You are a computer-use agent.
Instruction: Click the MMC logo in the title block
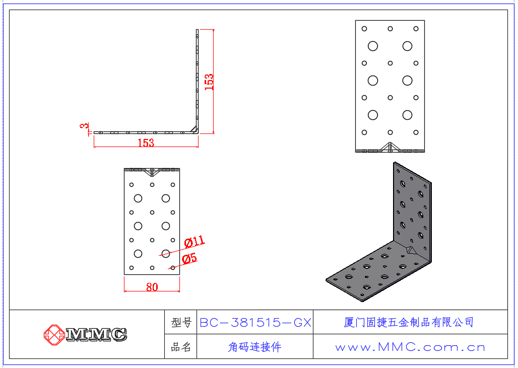pos(85,334)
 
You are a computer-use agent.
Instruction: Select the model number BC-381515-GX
pos(255,323)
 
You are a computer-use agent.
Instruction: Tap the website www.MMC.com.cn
pos(410,347)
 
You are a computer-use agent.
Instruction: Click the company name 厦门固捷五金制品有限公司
pos(409,322)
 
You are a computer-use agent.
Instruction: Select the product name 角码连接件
pos(255,347)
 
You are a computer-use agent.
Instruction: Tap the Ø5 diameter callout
pos(189,259)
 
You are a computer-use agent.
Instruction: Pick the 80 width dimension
pos(152,287)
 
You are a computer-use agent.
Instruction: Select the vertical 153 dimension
pos(209,82)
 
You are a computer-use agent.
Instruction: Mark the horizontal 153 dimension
pos(146,142)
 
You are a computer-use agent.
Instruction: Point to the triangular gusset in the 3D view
pos(410,250)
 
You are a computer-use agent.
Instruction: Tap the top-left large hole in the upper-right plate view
pos(373,46)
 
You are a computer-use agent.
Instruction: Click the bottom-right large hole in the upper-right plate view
pos(407,115)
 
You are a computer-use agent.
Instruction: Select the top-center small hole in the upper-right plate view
pos(390,29)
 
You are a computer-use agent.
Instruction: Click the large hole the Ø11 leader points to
pos(166,253)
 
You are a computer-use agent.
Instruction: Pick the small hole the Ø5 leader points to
pos(173,267)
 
